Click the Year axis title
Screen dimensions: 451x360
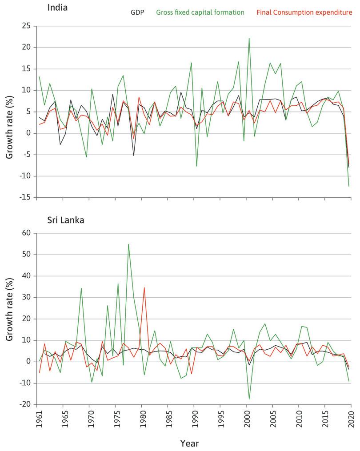point(189,443)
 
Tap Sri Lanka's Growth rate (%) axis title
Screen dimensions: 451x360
point(9,319)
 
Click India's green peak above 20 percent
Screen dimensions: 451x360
point(249,39)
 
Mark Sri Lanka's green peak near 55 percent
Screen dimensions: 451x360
point(128,244)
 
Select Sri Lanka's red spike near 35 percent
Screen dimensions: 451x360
point(144,287)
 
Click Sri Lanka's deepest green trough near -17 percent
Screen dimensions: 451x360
point(249,399)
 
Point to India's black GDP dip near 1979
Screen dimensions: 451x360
point(133,155)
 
